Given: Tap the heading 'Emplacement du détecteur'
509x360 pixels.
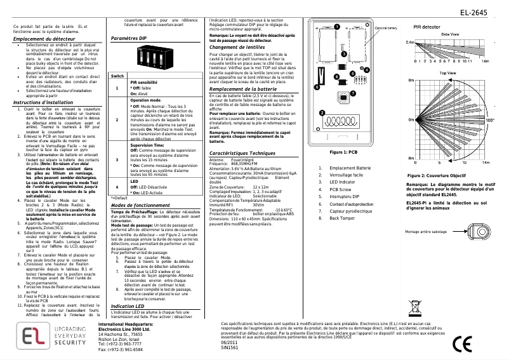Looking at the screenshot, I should pyautogui.click(x=39, y=39).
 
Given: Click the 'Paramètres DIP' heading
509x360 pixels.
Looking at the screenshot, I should pyautogui.click(x=128, y=39).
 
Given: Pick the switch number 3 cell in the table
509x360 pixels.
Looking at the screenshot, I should pyautogui.click(x=117, y=159).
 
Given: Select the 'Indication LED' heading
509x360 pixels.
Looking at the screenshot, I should pyautogui.click(x=128, y=306).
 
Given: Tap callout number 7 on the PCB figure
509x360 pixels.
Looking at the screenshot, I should pyautogui.click(x=352, y=93).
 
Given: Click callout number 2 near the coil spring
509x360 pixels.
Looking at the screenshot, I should pyautogui.click(x=322, y=112).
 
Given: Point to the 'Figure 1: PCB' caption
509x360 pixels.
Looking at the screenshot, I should pyautogui.click(x=343, y=152).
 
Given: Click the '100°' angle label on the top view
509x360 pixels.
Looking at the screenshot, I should pyautogui.click(x=490, y=119).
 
